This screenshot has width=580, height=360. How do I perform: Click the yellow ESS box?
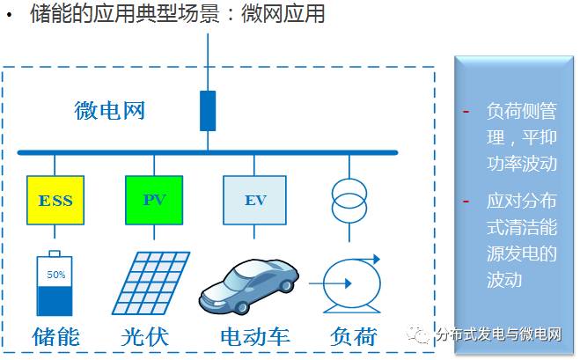tap(55, 200)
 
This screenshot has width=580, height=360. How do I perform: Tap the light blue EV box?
tap(254, 200)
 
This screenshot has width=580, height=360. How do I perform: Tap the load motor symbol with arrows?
tap(350, 283)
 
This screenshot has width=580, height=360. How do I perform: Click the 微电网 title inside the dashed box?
tap(109, 111)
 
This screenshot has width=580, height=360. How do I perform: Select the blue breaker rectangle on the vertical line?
tap(208, 110)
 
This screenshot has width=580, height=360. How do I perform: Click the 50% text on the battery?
tap(56, 275)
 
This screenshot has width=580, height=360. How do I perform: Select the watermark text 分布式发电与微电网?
tap(498, 334)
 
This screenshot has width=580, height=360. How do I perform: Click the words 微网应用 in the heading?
tap(290, 15)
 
